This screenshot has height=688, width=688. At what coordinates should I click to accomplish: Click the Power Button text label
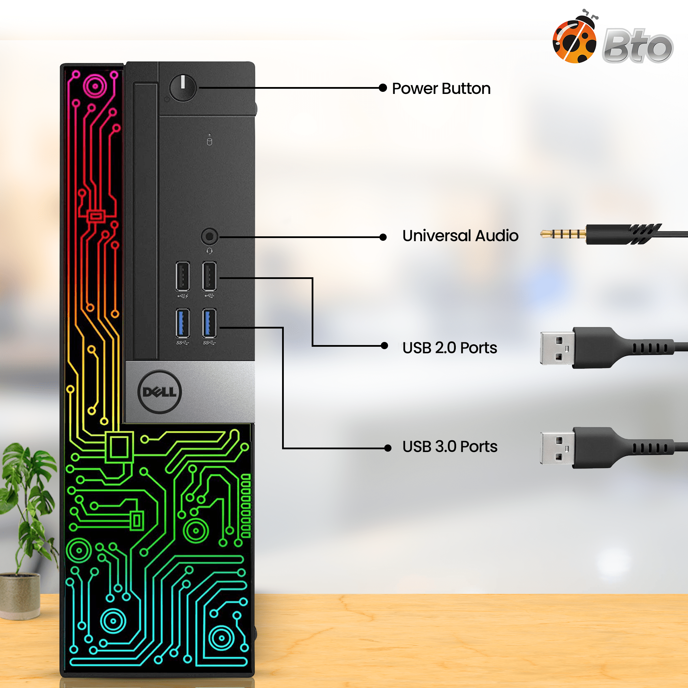click(441, 88)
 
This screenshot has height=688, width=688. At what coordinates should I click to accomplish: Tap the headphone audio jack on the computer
click(210, 236)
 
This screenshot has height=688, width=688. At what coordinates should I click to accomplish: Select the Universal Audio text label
click(460, 236)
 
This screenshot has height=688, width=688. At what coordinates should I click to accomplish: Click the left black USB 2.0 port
click(183, 276)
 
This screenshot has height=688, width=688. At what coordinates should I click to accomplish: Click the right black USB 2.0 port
click(209, 276)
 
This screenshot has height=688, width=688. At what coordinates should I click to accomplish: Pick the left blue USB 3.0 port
click(183, 323)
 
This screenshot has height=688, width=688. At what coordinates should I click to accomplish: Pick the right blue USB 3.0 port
click(209, 323)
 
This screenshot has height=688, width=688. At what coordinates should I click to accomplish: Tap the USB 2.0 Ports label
click(450, 348)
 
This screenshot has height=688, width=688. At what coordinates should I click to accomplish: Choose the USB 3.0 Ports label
click(450, 447)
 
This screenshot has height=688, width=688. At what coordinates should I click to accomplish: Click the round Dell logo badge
click(160, 392)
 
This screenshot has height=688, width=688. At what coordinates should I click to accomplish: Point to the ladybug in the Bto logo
click(575, 37)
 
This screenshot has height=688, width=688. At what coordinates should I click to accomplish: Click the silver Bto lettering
click(637, 46)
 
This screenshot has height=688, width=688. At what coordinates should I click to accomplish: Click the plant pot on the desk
click(20, 596)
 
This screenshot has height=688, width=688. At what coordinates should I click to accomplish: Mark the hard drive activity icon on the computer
click(209, 141)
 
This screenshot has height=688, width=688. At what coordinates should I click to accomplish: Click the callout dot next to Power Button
click(383, 88)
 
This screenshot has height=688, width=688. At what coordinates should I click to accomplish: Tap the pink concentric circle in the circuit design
click(95, 86)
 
